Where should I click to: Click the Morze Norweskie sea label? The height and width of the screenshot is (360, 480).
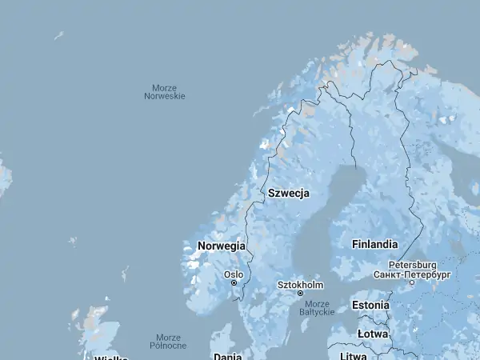(x=164, y=92)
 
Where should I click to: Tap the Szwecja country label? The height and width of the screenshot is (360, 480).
(x=288, y=194)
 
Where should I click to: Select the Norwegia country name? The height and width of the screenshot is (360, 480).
(x=221, y=246)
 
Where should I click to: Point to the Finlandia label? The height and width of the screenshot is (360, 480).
(x=374, y=244)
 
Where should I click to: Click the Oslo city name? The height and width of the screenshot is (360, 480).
(x=234, y=274)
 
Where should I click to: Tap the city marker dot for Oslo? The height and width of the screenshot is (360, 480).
(x=234, y=282)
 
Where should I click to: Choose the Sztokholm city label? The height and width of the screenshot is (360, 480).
(x=300, y=285)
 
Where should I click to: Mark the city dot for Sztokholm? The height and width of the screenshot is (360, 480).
(x=301, y=294)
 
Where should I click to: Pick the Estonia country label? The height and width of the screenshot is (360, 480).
(x=370, y=305)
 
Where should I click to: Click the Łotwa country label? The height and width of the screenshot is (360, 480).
(x=372, y=334)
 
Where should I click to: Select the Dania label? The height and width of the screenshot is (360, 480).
(x=227, y=356)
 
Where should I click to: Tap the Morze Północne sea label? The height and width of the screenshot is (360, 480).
(x=168, y=342)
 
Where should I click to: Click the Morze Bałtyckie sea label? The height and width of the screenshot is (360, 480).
(x=317, y=308)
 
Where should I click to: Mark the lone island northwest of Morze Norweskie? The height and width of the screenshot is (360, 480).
(x=58, y=35)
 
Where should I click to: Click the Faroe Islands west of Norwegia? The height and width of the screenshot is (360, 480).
(x=73, y=241)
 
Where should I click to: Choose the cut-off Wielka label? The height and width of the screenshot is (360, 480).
(x=110, y=357)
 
